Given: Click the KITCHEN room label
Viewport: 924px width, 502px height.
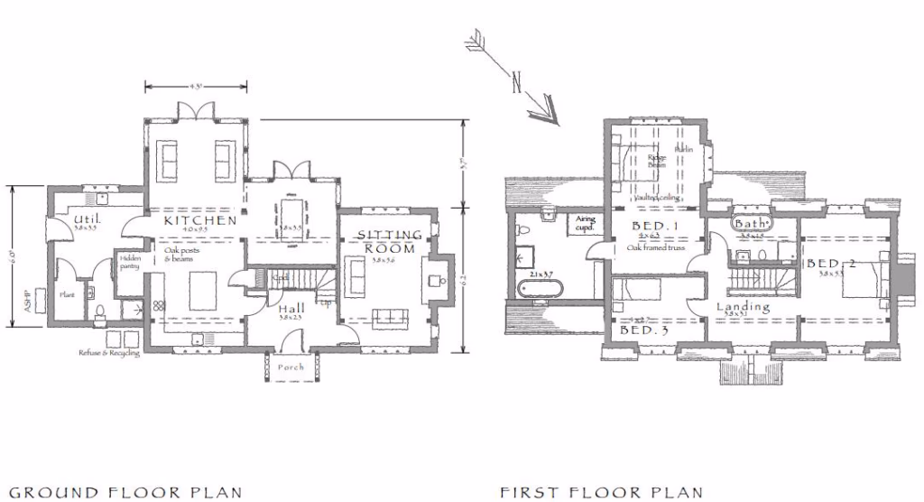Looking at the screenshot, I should (x=199, y=219).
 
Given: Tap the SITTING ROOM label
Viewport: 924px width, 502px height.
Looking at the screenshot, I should (x=390, y=241).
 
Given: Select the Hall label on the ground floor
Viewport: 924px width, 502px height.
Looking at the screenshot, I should (x=289, y=309).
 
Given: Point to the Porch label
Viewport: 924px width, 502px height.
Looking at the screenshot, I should (x=291, y=367).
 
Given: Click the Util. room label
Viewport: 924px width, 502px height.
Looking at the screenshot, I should (x=87, y=219).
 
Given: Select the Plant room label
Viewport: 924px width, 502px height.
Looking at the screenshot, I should (x=67, y=294).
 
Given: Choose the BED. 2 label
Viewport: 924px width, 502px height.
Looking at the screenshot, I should (x=830, y=264).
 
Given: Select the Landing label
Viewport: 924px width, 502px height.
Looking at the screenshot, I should (x=744, y=307).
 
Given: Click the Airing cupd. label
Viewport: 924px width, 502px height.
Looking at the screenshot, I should (x=586, y=222).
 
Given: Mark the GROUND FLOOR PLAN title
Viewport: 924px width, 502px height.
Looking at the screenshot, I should (x=125, y=492).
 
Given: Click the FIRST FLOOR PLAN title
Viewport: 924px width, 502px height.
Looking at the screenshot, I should (x=601, y=492).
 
